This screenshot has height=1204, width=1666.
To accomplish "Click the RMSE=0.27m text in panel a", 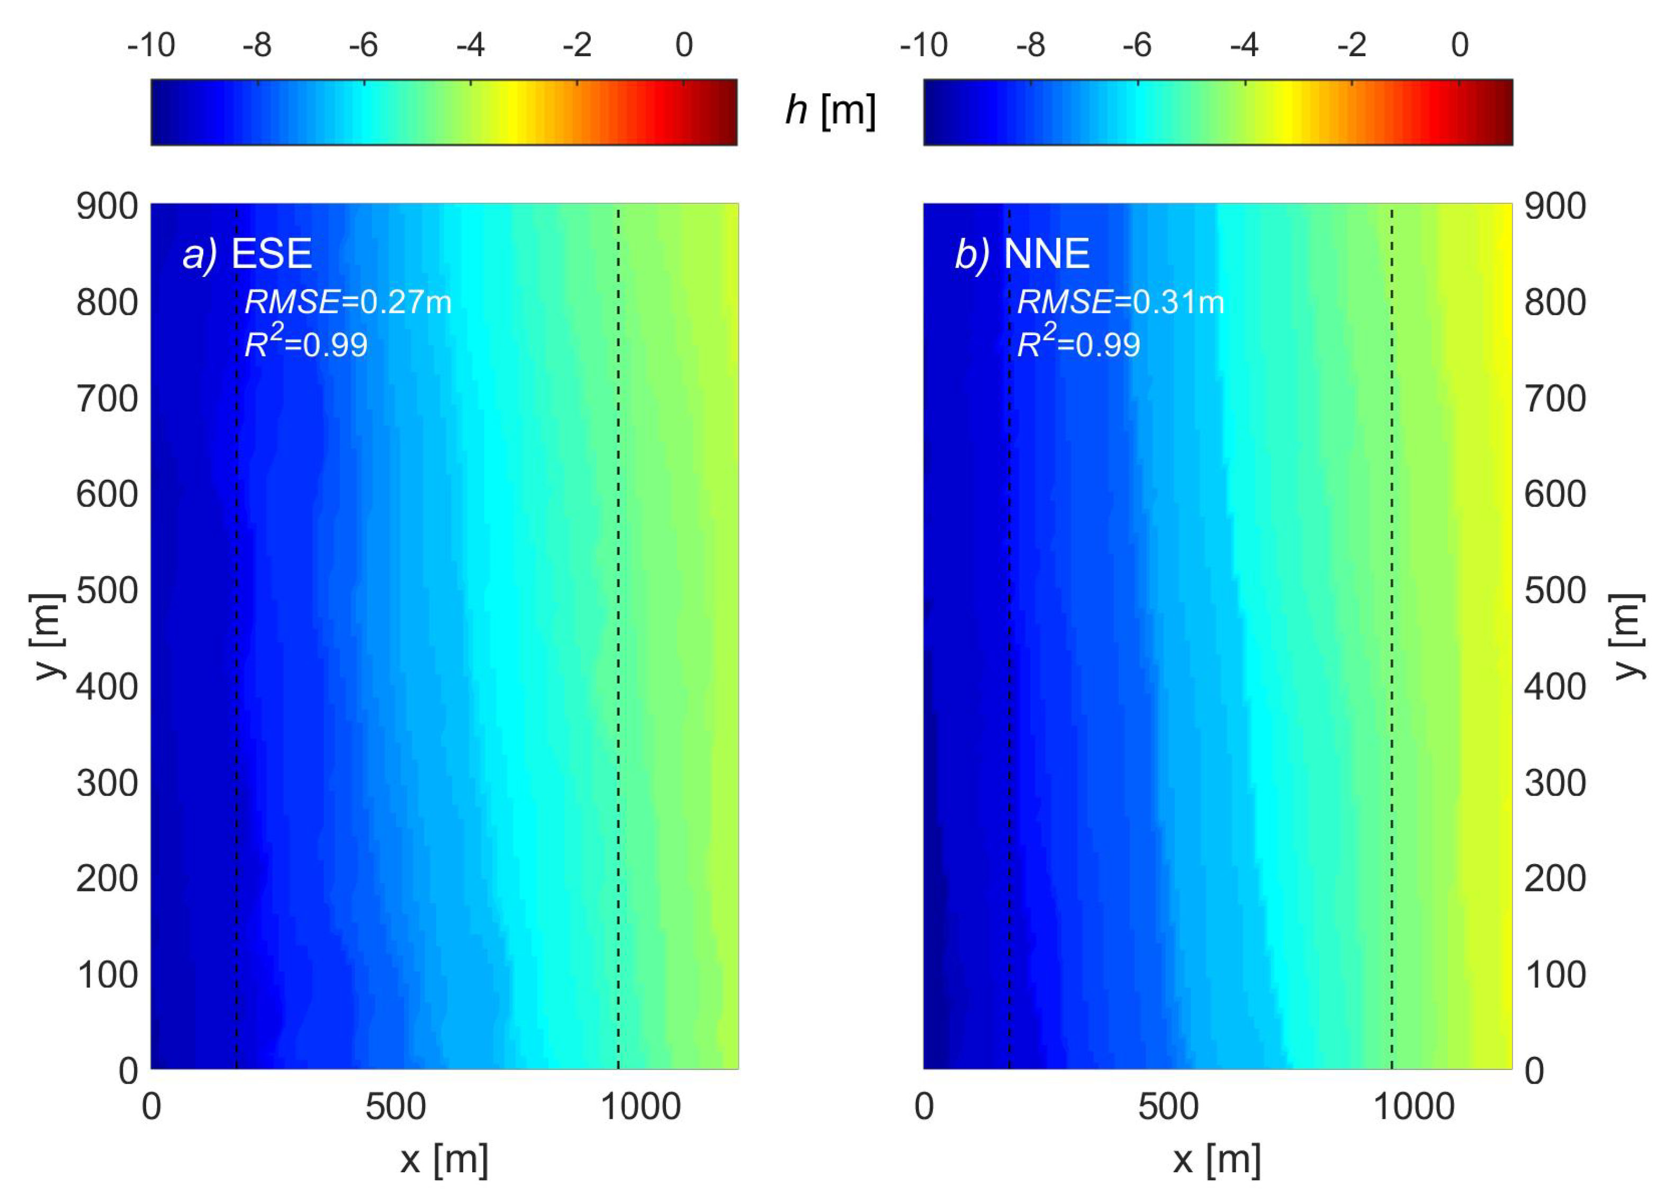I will [x=347, y=302].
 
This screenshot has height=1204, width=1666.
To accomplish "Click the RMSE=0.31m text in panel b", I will [x=1120, y=302].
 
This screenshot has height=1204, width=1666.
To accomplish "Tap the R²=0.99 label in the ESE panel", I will [x=305, y=343].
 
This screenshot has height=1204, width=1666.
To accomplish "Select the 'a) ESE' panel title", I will [x=248, y=254].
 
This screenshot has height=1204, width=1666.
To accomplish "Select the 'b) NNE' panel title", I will [x=1022, y=254].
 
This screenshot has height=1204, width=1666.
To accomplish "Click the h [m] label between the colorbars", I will [x=830, y=110].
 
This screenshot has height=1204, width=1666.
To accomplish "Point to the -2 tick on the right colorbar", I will [x=1352, y=46].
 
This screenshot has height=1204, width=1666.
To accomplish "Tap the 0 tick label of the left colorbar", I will [x=684, y=46].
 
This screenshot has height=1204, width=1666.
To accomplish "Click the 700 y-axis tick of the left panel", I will [x=107, y=399].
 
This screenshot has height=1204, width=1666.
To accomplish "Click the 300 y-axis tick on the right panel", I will [x=1555, y=783].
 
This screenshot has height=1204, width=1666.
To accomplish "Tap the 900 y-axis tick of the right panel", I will [x=1555, y=206].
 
